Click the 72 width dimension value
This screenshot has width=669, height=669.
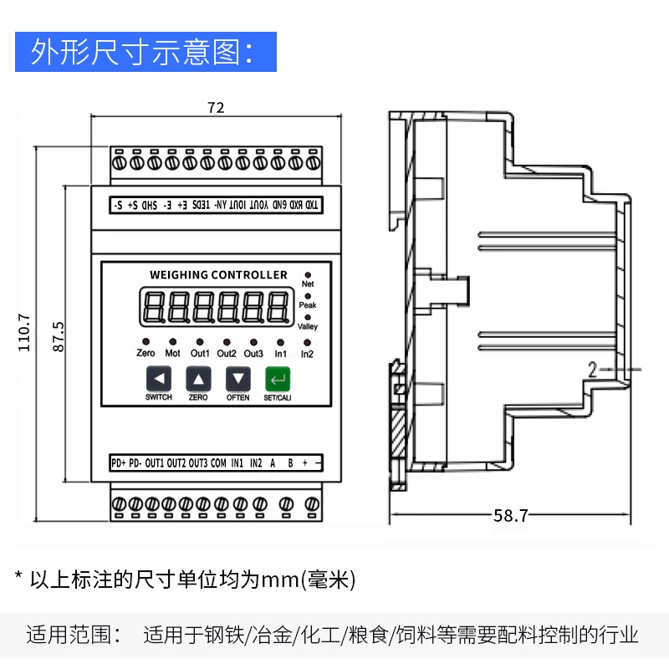pos(216,107)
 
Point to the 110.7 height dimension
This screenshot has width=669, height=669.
pos(24,332)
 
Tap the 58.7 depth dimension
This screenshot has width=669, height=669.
pos(510,516)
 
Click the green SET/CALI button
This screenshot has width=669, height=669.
pos(277,380)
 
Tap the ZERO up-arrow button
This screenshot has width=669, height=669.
pos(198,380)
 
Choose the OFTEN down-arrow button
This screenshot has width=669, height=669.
pos(238,380)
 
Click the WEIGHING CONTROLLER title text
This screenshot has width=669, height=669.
pos(218,275)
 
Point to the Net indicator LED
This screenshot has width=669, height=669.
pos(308,275)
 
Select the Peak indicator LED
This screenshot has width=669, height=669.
pos(308,296)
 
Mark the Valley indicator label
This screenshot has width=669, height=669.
pos(308,327)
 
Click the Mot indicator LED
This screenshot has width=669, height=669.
pos(173,342)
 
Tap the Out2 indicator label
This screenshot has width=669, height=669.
pos(227,354)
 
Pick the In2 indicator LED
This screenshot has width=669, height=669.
pos(307,343)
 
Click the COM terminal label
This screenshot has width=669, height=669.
pos(218,462)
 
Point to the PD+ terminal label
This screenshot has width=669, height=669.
pos(117,462)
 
